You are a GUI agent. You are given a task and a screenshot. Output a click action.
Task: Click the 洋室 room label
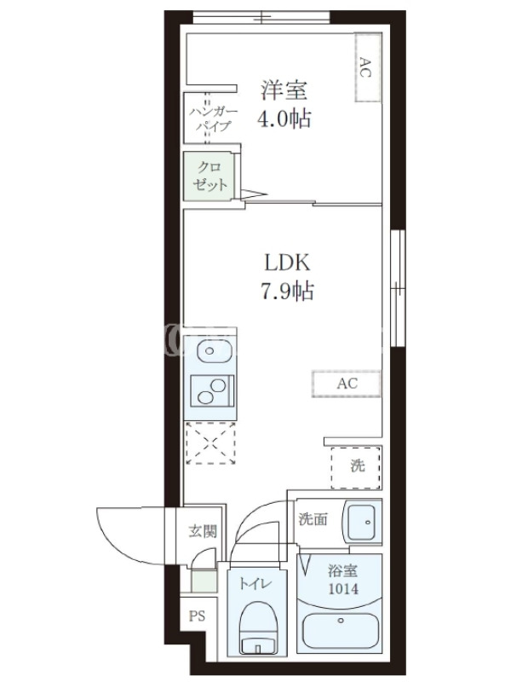pyautogui.click(x=284, y=90)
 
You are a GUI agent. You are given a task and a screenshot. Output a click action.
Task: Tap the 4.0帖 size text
pyautogui.click(x=284, y=118)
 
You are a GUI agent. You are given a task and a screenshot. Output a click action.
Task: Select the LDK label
pyautogui.click(x=287, y=263)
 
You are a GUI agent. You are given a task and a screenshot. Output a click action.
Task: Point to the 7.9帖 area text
pyautogui.click(x=287, y=291)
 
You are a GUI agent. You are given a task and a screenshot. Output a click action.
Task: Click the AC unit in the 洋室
pyautogui.click(x=368, y=67)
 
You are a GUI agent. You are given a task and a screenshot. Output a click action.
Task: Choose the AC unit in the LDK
pyautogui.click(x=347, y=384)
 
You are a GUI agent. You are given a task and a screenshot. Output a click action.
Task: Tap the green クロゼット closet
pyautogui.click(x=209, y=176)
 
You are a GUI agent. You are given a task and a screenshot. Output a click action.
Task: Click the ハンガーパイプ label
pyautogui.click(x=214, y=118)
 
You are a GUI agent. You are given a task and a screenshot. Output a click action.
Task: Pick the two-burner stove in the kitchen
pyautogui.click(x=212, y=391)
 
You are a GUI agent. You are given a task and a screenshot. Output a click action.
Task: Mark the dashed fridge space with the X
pyautogui.click(x=210, y=442)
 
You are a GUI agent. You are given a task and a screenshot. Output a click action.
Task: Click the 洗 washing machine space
pyautogui.click(x=356, y=467)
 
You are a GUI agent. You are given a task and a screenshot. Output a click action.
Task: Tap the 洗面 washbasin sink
pyautogui.click(x=363, y=521)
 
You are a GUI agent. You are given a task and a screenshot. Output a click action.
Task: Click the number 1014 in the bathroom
pyautogui.click(x=343, y=589)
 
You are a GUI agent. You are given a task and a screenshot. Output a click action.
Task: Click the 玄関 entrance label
pyautogui.click(x=203, y=530)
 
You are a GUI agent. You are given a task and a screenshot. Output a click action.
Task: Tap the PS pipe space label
pyautogui.click(x=197, y=616)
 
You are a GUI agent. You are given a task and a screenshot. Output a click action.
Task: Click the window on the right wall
pyautogui.click(x=398, y=288)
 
